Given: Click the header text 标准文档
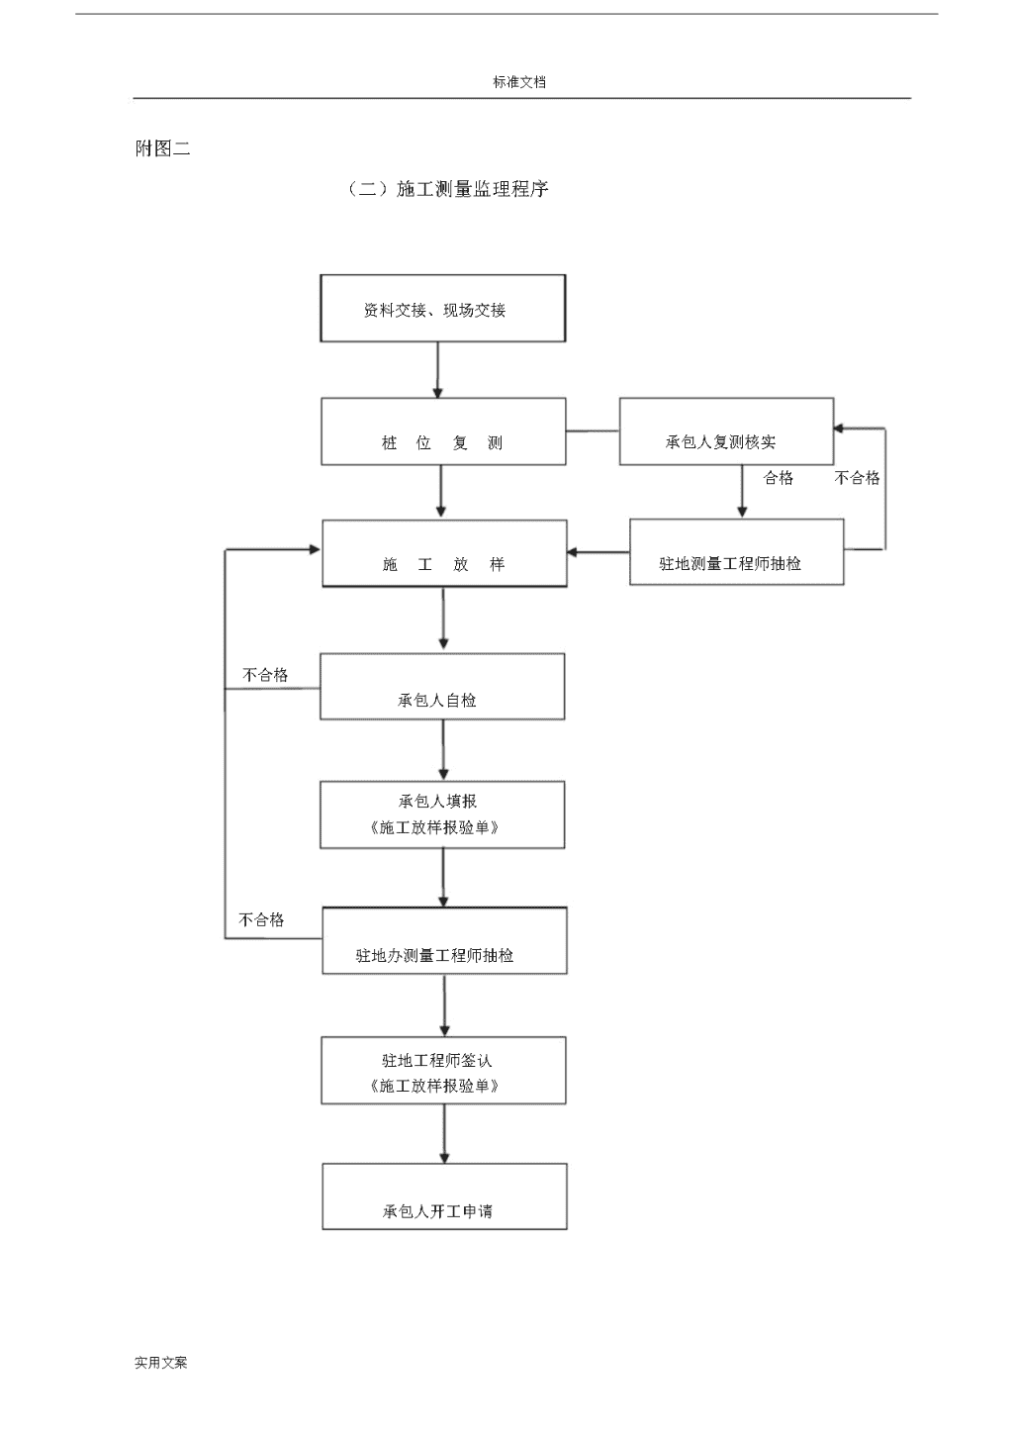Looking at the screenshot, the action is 519,82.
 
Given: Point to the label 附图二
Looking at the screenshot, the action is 162,148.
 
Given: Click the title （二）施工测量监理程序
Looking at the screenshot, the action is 447,189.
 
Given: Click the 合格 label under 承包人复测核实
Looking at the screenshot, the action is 779,478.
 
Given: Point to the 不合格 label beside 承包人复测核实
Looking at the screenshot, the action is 857,478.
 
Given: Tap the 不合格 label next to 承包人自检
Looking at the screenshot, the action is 265,674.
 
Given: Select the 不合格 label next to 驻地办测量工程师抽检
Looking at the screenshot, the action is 261,920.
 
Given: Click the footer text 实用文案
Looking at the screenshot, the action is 161,1363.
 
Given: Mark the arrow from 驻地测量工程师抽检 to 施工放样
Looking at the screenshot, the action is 599,552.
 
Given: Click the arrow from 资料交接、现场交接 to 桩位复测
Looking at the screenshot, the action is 437,370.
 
